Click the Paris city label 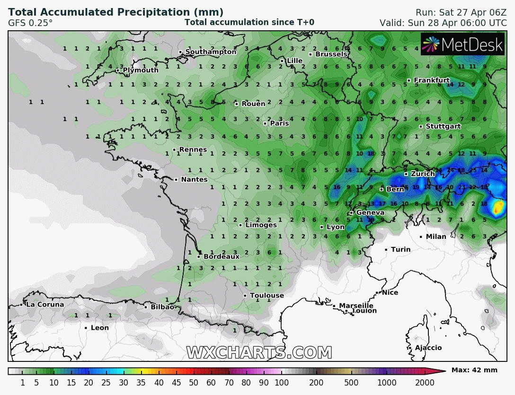tap(279, 123)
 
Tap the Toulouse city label tap(266, 296)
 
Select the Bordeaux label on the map tap(222, 256)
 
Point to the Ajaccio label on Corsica tap(428, 348)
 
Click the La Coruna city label tap(44, 305)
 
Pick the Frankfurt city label tap(432, 80)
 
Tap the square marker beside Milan tap(421, 237)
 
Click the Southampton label tap(211, 52)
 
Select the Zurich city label tap(423, 174)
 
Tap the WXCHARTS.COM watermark tap(259, 352)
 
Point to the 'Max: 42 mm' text tap(474, 370)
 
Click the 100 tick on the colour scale tap(282, 383)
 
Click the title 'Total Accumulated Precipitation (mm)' tap(116, 12)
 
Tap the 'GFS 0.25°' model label tap(30, 23)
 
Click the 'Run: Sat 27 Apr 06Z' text tap(461, 12)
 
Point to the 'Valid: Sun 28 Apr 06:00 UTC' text tap(443, 23)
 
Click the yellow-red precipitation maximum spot tap(498, 207)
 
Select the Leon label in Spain tap(99, 328)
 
